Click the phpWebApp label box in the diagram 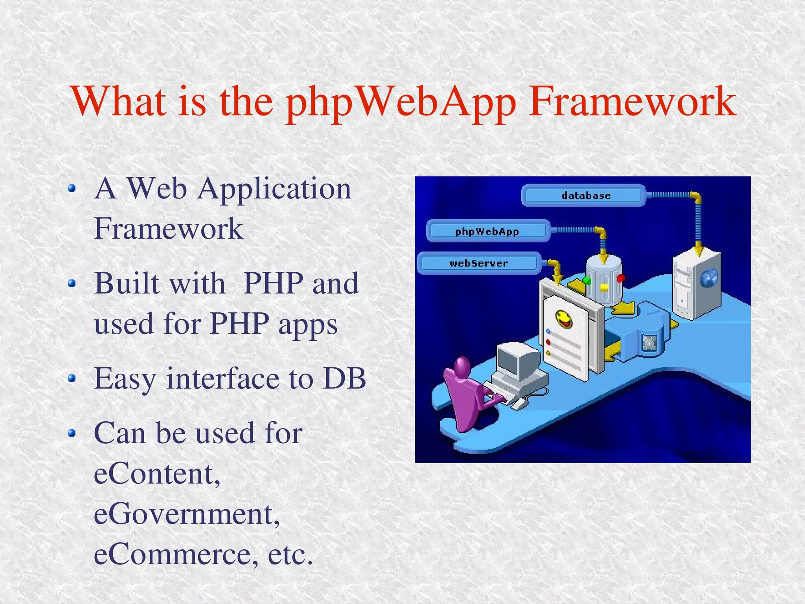tap(487, 231)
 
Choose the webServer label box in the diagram tap(478, 263)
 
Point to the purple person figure tap(466, 393)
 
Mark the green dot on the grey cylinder tap(587, 281)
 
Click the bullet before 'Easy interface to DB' tap(71, 378)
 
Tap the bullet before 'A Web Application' tap(71, 189)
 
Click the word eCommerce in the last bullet tap(173, 554)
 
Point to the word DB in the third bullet tap(344, 378)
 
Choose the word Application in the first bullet tap(274, 189)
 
